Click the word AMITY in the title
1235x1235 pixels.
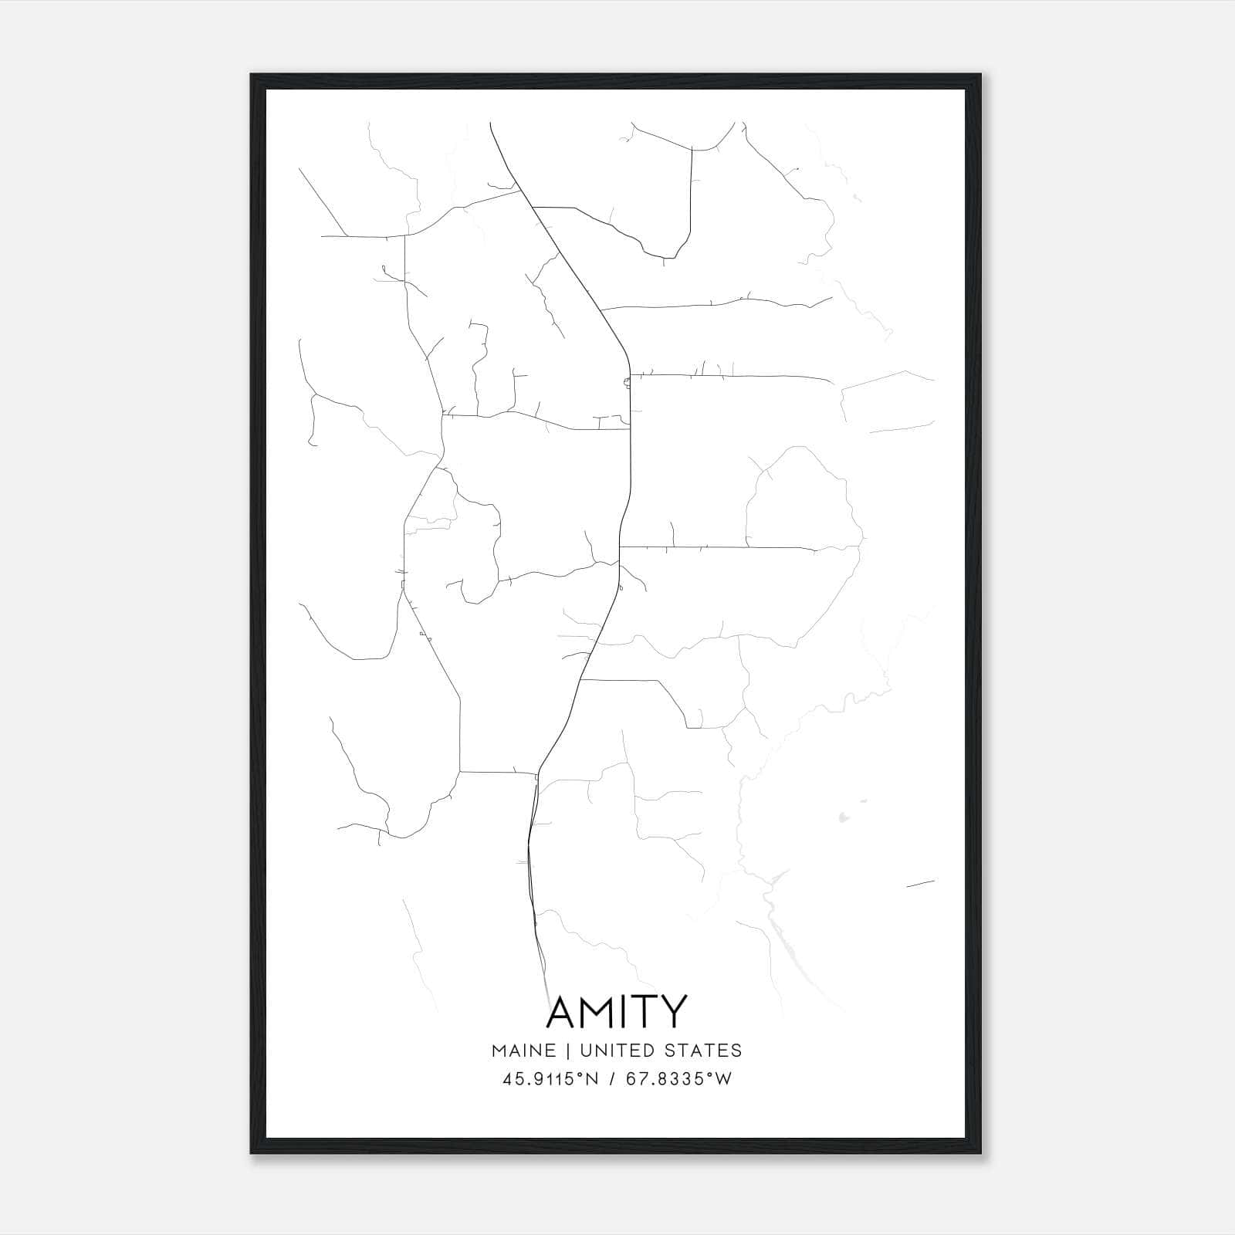[x=616, y=1012]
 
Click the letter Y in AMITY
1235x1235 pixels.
[x=674, y=1012]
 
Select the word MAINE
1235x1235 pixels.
[x=523, y=1051]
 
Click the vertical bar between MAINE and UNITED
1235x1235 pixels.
[x=567, y=1051]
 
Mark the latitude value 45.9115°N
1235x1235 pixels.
[x=550, y=1079]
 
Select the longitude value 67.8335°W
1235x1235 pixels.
[x=680, y=1079]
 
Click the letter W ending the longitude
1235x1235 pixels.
[x=723, y=1079]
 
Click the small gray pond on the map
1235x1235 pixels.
[x=842, y=815]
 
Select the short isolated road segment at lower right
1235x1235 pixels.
[x=920, y=884]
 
